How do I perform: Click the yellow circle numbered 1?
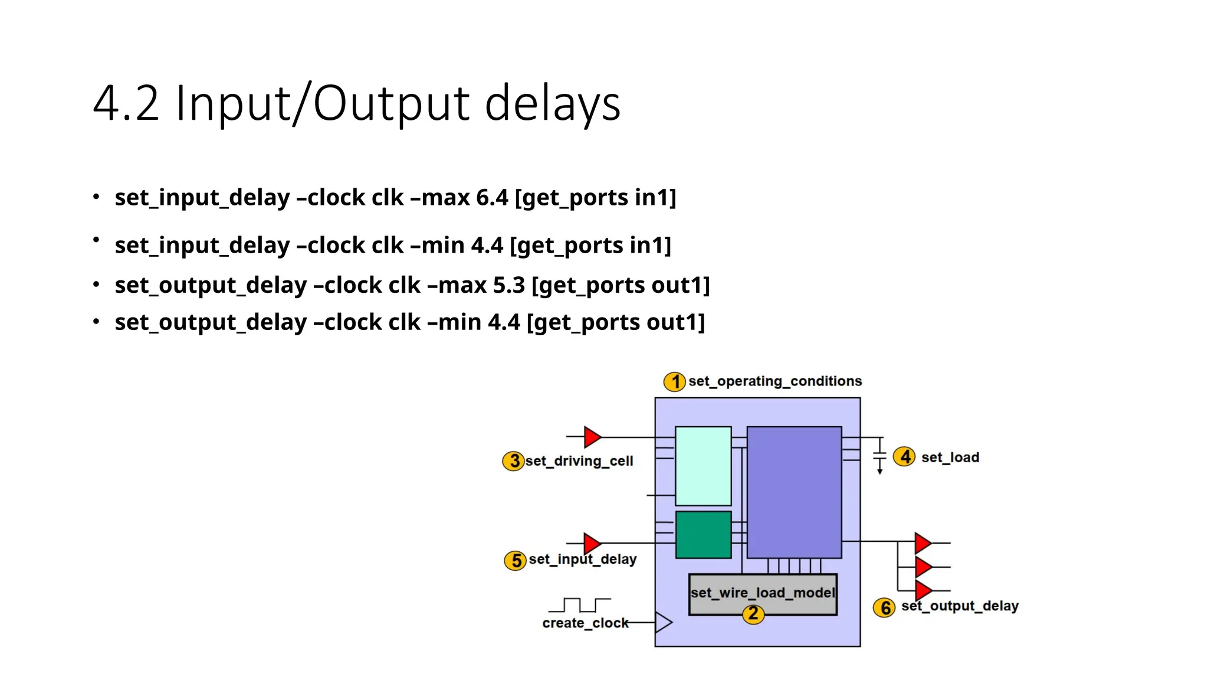pos(674,382)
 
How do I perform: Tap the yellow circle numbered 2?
pos(753,614)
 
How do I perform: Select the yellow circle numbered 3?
pos(514,461)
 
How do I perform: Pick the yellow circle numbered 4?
pos(904,457)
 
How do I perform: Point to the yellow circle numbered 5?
pos(516,560)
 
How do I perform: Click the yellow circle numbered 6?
pos(884,607)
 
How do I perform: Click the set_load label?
pos(950,457)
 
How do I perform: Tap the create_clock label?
pos(585,623)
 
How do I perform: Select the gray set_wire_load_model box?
pos(763,593)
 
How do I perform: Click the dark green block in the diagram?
pos(703,535)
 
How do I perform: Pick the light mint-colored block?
pos(703,466)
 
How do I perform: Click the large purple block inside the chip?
pos(794,492)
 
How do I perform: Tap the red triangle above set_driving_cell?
pos(592,437)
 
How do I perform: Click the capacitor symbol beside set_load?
pos(879,456)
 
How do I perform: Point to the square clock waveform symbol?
pos(580,605)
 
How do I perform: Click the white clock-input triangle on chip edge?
pos(663,622)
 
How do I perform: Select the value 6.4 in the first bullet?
pos(492,198)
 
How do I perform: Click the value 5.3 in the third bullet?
pos(508,285)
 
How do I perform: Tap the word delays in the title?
pos(553,104)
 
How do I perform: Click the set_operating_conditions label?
pos(775,381)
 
